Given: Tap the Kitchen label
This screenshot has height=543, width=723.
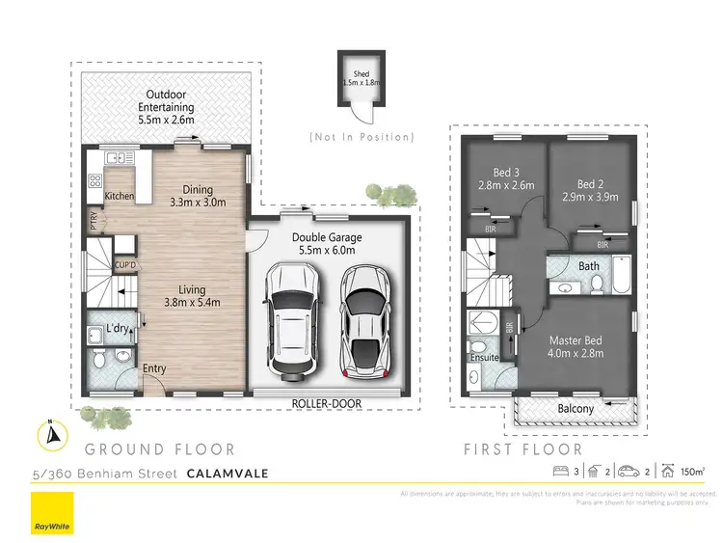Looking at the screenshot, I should point(120,197).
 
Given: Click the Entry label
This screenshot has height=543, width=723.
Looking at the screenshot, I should point(154,368).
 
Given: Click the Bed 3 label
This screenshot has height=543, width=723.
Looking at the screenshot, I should point(499,179).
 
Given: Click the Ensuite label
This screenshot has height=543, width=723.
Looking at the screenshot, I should point(484,358).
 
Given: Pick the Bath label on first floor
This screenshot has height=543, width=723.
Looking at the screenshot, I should point(589,265).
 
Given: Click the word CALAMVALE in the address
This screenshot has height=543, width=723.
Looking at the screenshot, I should point(229,473).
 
